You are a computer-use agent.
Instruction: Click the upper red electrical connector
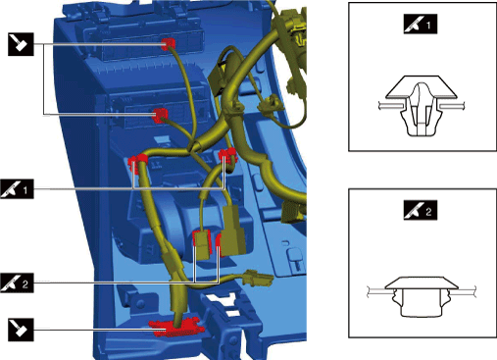coord(169,44)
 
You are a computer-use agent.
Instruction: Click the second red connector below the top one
coord(160,115)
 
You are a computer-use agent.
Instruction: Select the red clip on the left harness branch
coord(137,161)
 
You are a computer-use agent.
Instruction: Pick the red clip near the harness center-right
coord(227,155)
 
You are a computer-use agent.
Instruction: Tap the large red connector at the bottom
coord(176,328)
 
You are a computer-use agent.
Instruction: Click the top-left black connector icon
coord(21,44)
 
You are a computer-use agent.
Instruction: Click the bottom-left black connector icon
coord(21,330)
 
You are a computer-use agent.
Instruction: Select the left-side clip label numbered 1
coord(17,188)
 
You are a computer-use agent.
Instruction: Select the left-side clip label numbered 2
coord(17,283)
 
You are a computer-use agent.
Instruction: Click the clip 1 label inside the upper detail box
coord(421,24)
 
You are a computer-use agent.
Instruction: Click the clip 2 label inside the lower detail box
coord(421,210)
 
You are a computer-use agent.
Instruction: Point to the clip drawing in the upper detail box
coord(422,105)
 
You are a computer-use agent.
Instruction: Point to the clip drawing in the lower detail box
coord(422,297)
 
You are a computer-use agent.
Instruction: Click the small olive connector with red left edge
coord(202,244)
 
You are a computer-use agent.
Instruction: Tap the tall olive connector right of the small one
coord(232,231)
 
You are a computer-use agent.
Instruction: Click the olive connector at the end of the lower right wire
coord(259,279)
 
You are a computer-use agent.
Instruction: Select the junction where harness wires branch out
coord(193,147)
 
